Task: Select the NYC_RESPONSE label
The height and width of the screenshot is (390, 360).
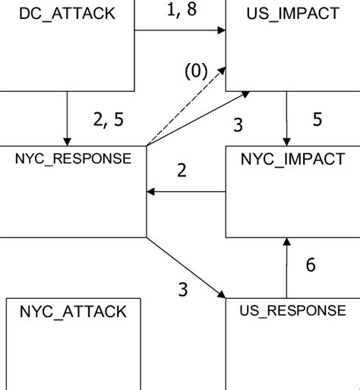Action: click(73, 159)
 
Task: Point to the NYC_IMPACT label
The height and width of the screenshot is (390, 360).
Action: click(292, 159)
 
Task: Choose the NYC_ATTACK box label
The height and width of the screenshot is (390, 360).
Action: click(73, 311)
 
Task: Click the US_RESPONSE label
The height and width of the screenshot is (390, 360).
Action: click(292, 310)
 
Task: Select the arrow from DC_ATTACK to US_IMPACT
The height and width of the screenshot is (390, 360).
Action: click(180, 30)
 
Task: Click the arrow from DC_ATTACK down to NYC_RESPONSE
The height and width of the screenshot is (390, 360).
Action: click(68, 118)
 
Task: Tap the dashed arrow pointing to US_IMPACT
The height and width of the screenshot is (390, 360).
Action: click(186, 106)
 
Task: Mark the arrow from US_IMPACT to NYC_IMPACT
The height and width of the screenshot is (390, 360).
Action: click(287, 118)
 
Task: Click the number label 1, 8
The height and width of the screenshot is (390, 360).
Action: click(181, 11)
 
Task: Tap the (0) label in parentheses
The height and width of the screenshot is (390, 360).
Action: click(195, 72)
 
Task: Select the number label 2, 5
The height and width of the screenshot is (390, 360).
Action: click(108, 119)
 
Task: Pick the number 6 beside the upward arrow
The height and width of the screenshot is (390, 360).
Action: click(311, 265)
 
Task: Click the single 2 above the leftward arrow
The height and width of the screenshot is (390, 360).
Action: click(182, 171)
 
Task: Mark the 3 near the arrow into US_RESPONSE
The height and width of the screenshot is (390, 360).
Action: click(182, 289)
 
